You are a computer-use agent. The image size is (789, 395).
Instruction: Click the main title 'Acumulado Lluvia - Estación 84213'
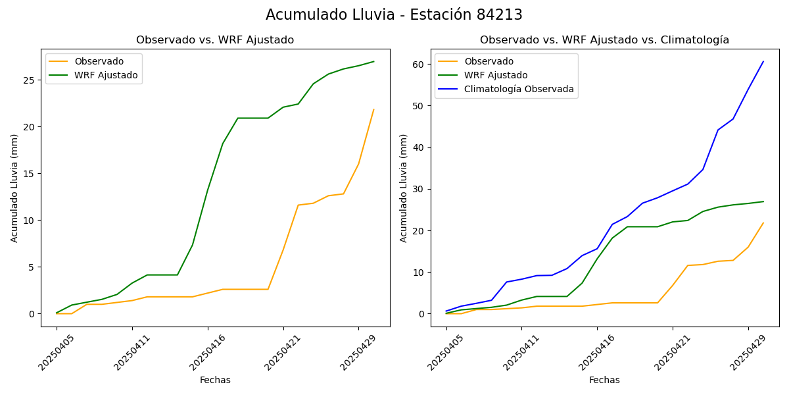[x=394, y=14]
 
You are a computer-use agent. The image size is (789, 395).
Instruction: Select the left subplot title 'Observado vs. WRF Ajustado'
[x=215, y=40]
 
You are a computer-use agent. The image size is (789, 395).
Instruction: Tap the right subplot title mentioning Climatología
[x=604, y=40]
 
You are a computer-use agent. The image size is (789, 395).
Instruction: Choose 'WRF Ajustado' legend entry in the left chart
[x=106, y=75]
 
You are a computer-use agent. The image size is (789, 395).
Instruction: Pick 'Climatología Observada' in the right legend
[x=519, y=89]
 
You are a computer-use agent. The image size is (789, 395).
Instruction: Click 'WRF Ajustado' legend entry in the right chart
[x=496, y=75]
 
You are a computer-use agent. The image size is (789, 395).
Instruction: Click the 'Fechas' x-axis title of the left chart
[x=215, y=381]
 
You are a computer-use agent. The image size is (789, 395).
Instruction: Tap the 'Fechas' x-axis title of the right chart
[x=604, y=381]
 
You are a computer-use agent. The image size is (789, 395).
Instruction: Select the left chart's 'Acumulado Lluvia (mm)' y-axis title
[x=14, y=188]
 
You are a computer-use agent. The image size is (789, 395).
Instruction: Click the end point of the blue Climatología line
[x=763, y=61]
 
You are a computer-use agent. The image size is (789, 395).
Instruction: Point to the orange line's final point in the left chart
[x=373, y=109]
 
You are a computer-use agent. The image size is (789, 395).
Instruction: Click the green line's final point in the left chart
[x=373, y=61]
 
